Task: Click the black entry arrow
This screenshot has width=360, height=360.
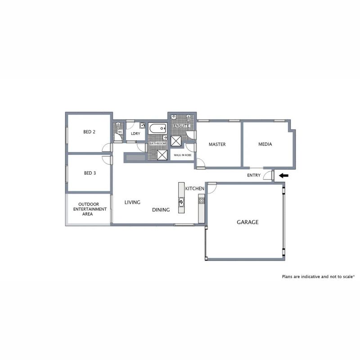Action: pyautogui.click(x=284, y=175)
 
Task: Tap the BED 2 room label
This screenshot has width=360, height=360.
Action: pyautogui.click(x=89, y=132)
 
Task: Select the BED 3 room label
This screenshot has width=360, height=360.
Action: pyautogui.click(x=90, y=173)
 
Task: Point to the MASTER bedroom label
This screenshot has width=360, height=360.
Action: pyautogui.click(x=217, y=144)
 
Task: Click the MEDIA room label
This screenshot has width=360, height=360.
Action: pyautogui.click(x=265, y=144)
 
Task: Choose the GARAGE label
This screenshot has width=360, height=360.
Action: pyautogui.click(x=247, y=222)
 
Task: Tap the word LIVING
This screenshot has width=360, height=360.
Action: pyautogui.click(x=132, y=202)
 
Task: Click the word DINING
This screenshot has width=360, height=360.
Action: pyautogui.click(x=161, y=210)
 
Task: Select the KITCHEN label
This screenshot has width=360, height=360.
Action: pyautogui.click(x=195, y=189)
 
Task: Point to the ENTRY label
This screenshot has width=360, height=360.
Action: pyautogui.click(x=254, y=175)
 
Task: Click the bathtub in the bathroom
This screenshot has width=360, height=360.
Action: pyautogui.click(x=158, y=129)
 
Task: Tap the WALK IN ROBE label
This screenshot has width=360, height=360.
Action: pyautogui.click(x=183, y=155)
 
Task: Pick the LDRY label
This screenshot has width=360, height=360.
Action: pyautogui.click(x=135, y=134)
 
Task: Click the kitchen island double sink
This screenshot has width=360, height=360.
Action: pyautogui.click(x=181, y=202)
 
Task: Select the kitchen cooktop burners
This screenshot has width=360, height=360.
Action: pyautogui.click(x=201, y=200)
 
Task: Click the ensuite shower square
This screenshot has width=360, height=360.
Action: pyautogui.click(x=176, y=141)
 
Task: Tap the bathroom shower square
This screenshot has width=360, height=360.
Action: pyautogui.click(x=162, y=155)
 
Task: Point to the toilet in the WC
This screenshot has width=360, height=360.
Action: pyautogui.click(x=118, y=126)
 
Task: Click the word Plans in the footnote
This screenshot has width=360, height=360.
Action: pyautogui.click(x=288, y=277)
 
